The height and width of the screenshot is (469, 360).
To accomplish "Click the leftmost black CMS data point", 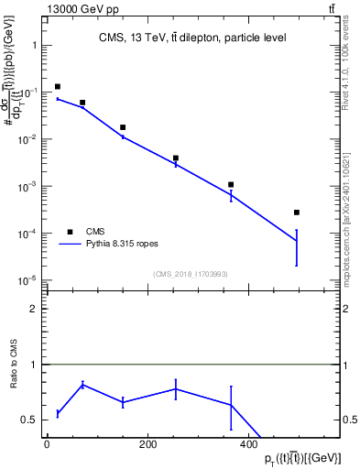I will [58, 87].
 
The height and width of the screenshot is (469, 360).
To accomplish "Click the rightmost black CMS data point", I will [297, 213].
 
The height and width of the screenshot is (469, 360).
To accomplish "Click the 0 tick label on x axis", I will [47, 446].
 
